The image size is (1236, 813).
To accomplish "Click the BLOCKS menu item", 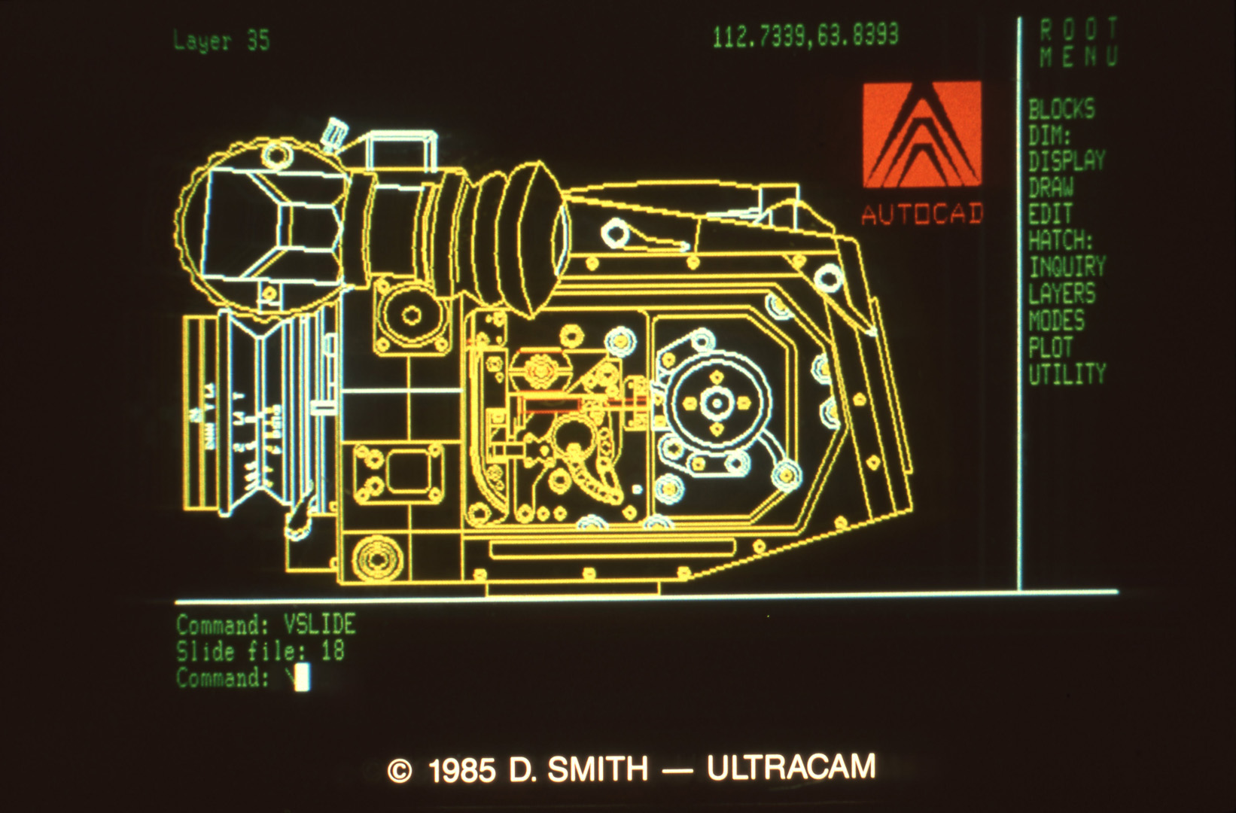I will (x=1061, y=110).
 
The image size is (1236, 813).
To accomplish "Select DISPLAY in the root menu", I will (x=1066, y=161).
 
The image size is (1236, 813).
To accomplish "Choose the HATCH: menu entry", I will (x=1060, y=241).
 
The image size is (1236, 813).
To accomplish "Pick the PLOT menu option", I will (x=1050, y=348).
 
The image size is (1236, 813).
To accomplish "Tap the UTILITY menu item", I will (x=1066, y=374).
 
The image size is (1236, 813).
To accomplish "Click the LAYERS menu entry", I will (x=1061, y=294).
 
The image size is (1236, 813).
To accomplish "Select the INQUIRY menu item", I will (x=1067, y=267).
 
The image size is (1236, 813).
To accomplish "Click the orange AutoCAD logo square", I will (x=921, y=135).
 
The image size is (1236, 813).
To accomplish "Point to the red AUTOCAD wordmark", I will (x=922, y=215).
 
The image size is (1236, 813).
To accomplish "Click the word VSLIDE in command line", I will (x=319, y=624).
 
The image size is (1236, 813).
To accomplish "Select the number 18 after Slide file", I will (x=333, y=650).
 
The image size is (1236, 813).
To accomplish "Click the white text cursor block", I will (x=302, y=678).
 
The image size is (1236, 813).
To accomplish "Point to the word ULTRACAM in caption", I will (x=791, y=768).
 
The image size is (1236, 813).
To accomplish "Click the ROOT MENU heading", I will (x=1079, y=43).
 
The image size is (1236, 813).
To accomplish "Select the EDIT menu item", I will (x=1049, y=215).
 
